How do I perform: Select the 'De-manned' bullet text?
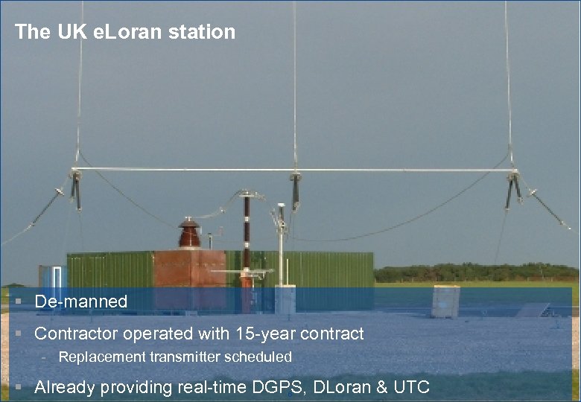click(x=81, y=302)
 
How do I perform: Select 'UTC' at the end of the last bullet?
click(x=410, y=387)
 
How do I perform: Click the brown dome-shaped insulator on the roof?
click(x=189, y=233)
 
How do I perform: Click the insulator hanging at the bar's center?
click(x=296, y=190)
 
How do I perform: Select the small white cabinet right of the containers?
click(x=445, y=301)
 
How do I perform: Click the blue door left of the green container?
click(x=52, y=277)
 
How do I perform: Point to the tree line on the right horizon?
click(x=477, y=272)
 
